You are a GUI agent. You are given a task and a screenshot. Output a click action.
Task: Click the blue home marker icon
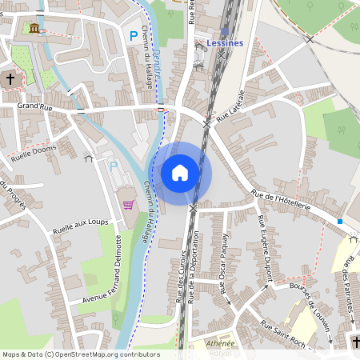tap(180, 173)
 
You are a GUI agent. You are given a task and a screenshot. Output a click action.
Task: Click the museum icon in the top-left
tap(34, 29)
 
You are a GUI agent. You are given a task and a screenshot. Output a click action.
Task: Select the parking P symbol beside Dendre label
tap(134, 35)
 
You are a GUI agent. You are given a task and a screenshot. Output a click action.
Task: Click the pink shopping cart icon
tap(128, 204)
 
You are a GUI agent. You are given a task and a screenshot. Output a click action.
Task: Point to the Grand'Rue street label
tap(34, 105)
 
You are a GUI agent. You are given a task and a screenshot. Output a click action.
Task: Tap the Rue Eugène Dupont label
tap(267, 250)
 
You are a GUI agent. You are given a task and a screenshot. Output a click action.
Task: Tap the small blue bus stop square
tap(340, 221)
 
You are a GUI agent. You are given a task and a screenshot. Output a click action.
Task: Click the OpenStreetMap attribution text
tap(81, 354)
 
